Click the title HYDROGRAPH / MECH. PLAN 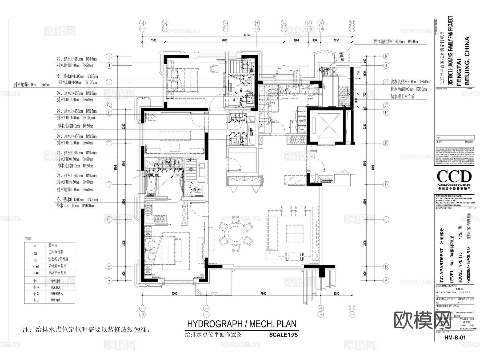[242, 324]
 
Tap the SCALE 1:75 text [283, 335]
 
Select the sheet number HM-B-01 [455, 345]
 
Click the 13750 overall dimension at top [247, 35]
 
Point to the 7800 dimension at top [225, 40]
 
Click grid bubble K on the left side [109, 56]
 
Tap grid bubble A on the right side [386, 280]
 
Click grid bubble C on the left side [109, 219]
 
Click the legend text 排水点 [53, 245]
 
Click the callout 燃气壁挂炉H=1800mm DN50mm [396, 42]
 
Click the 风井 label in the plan [251, 132]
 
